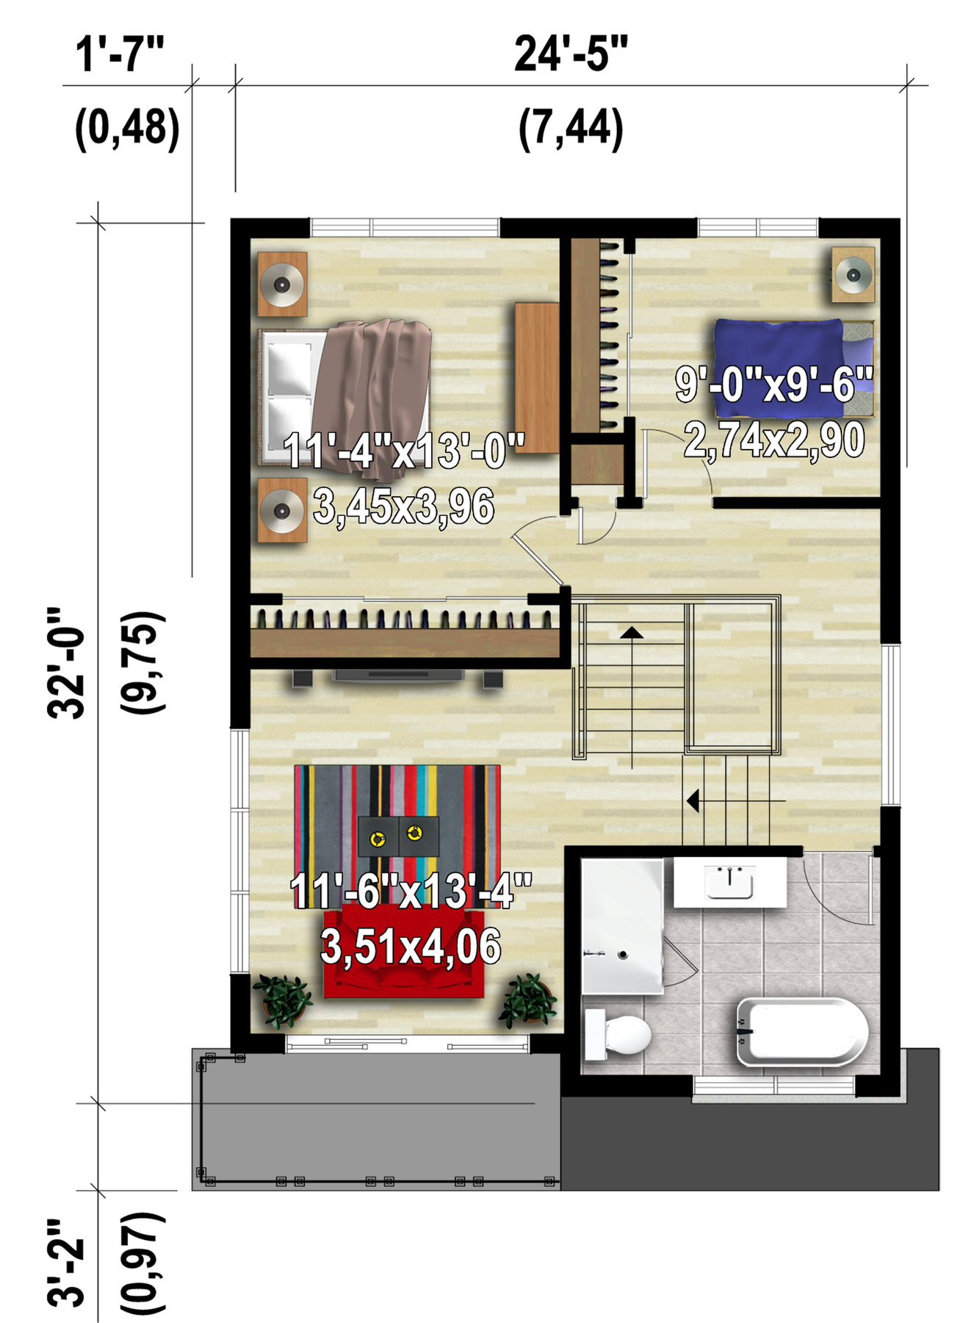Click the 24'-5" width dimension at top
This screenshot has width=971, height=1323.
[x=571, y=54]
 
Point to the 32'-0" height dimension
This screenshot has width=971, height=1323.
[x=66, y=662]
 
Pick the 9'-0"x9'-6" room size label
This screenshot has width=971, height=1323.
[x=774, y=384]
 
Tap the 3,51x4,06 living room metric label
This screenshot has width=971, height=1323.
[x=411, y=946]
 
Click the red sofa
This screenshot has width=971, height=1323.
[x=404, y=952]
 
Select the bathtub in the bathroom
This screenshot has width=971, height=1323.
[x=802, y=1031]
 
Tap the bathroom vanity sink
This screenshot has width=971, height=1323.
[x=730, y=882]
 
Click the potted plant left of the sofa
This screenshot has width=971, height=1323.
[x=283, y=1000]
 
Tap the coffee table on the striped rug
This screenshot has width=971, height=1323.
[x=398, y=836]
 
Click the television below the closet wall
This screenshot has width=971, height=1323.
[x=399, y=676]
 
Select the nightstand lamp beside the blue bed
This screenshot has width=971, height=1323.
[x=853, y=275]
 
